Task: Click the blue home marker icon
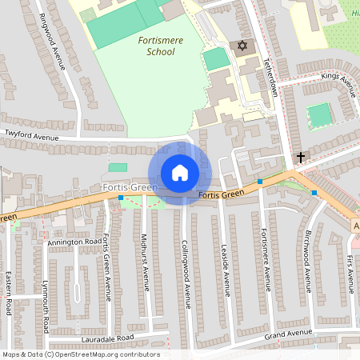click(x=179, y=173)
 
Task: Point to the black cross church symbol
click(x=302, y=158)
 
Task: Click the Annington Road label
click(x=75, y=241)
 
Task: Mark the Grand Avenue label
click(x=288, y=334)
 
